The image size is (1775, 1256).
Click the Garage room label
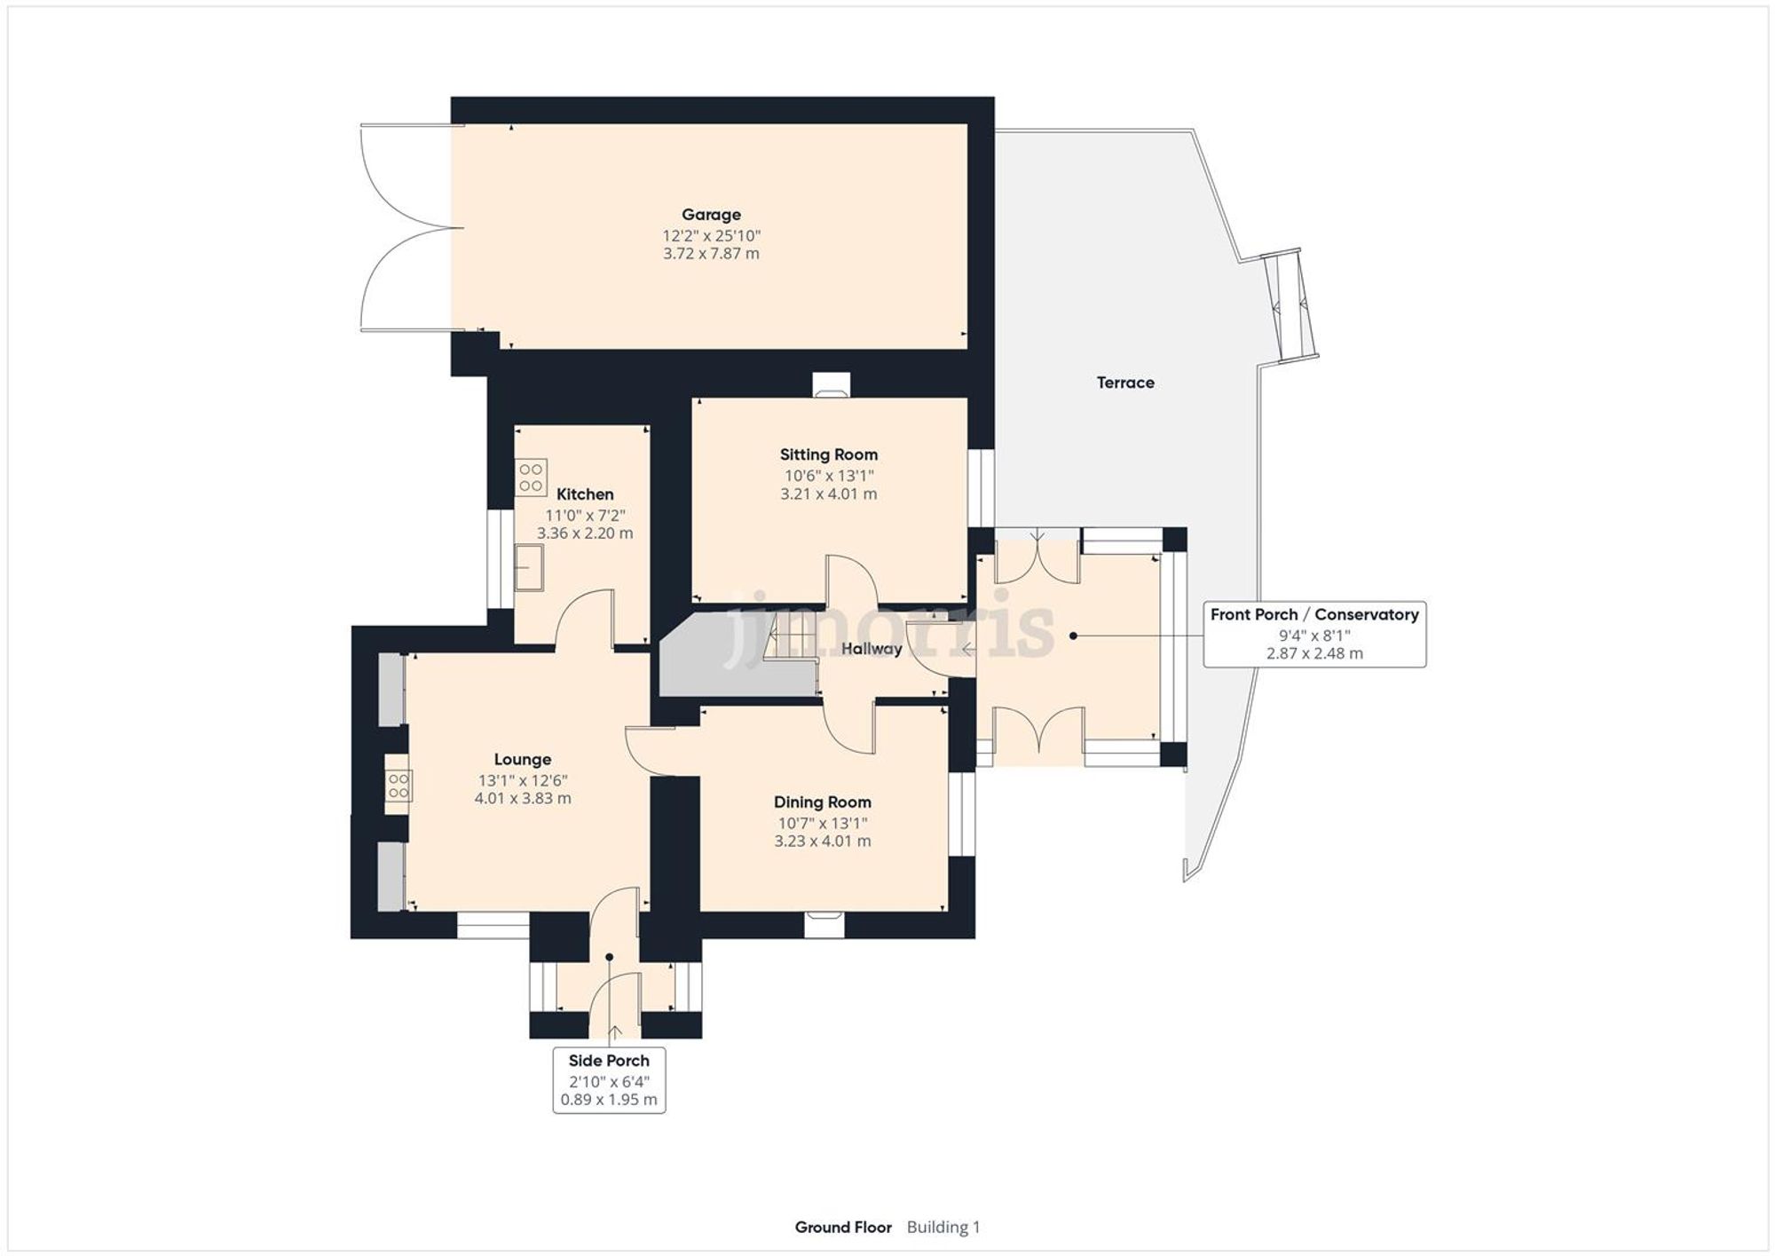click(711, 215)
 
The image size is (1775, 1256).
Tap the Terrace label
click(1125, 383)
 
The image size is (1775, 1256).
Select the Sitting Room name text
click(828, 454)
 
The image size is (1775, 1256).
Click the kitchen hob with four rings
click(531, 477)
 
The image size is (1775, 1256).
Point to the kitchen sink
click(530, 567)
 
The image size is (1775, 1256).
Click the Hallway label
click(871, 649)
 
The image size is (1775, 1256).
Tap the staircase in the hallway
click(790, 637)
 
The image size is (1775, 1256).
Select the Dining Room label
click(822, 802)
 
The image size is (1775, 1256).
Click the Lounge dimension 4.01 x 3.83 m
click(523, 798)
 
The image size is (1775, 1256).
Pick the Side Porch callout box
click(609, 1080)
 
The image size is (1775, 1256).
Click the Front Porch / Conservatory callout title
click(1313, 614)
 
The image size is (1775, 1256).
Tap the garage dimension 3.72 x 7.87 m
click(711, 254)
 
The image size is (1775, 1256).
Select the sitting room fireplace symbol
click(831, 386)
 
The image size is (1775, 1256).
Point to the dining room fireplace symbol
click(824, 924)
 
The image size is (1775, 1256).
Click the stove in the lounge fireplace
click(398, 785)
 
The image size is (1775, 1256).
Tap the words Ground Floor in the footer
click(843, 1228)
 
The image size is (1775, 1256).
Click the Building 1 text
click(943, 1228)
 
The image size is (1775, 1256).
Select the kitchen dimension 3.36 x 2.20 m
click(585, 533)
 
